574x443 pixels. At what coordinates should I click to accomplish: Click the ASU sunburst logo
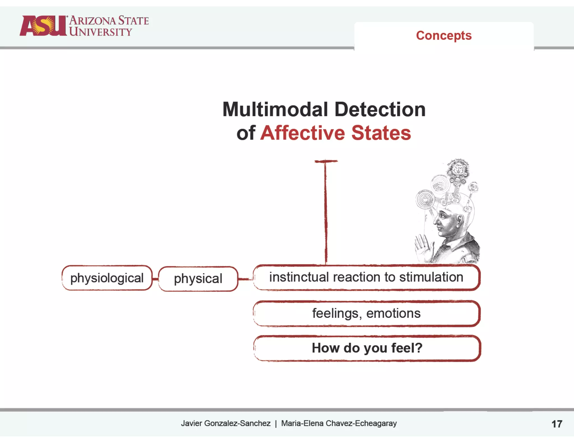click(x=43, y=26)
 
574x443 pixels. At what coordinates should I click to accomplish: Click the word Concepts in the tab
click(x=444, y=36)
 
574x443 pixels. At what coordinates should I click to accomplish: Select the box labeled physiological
click(x=107, y=278)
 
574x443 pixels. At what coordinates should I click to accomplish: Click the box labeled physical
click(x=198, y=279)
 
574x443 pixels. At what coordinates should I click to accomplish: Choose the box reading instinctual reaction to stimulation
click(x=366, y=277)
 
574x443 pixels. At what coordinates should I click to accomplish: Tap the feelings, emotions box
click(x=366, y=313)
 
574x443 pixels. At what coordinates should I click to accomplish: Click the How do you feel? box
click(x=367, y=348)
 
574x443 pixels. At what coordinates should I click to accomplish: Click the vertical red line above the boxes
click(x=326, y=213)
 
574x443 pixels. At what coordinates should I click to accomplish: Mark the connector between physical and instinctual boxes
click(x=245, y=279)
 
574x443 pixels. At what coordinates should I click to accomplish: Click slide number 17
click(x=557, y=424)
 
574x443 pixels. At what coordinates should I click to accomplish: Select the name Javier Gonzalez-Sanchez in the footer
click(x=226, y=423)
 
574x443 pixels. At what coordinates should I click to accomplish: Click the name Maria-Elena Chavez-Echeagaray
click(x=339, y=423)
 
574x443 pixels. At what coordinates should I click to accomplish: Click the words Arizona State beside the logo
click(x=109, y=20)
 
